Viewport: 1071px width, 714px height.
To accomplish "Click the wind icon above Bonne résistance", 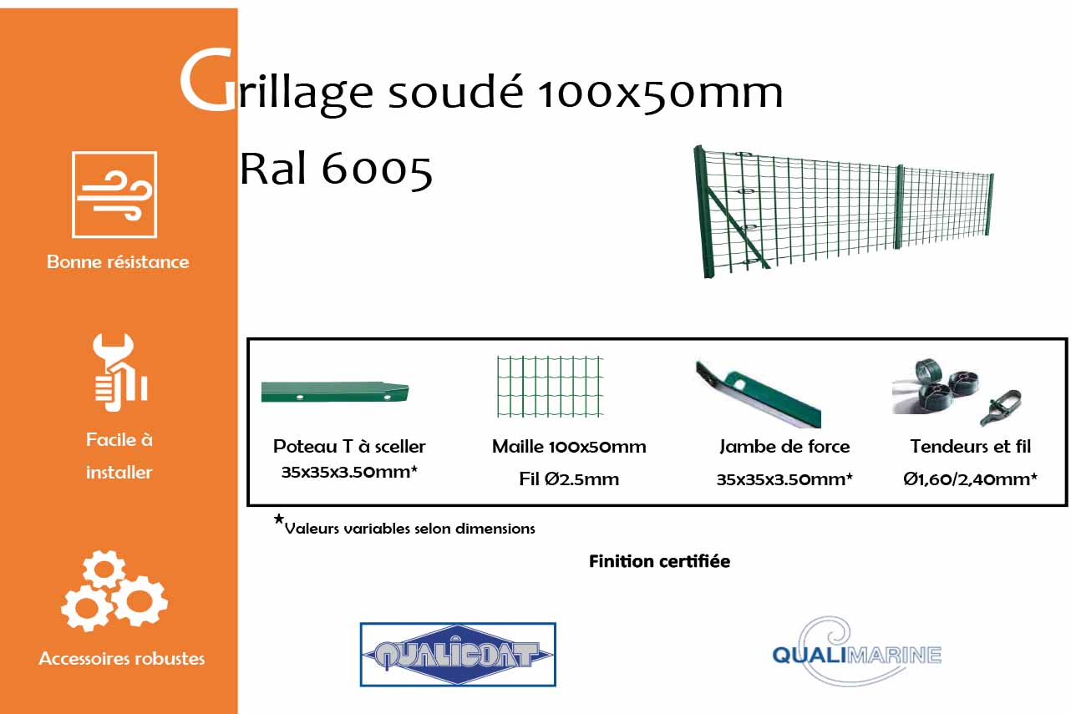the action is tap(114, 195).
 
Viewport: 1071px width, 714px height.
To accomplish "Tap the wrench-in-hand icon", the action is tap(119, 372).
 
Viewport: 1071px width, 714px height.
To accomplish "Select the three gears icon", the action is tap(114, 590).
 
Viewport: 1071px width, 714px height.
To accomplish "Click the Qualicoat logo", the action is tap(458, 654).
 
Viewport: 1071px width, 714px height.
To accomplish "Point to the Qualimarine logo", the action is tap(856, 651).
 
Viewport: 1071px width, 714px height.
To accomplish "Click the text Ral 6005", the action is tap(336, 170).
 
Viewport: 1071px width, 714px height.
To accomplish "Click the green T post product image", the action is tap(335, 392).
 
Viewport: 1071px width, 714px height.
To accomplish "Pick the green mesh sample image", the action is tap(550, 387).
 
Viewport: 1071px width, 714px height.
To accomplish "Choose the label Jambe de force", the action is tap(784, 447).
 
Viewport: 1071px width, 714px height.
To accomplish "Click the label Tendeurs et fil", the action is tap(970, 447).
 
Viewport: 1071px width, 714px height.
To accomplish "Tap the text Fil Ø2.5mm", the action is tap(569, 479).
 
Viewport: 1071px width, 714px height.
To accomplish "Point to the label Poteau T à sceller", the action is tap(349, 447).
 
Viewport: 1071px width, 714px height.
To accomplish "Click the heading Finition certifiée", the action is tap(659, 561).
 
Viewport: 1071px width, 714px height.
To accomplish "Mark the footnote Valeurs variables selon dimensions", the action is tap(409, 529).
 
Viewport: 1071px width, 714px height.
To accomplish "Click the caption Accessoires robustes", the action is tap(122, 659).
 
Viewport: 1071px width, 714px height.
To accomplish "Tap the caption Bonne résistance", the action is tap(118, 262).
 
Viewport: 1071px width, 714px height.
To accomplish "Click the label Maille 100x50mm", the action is tap(569, 447).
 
